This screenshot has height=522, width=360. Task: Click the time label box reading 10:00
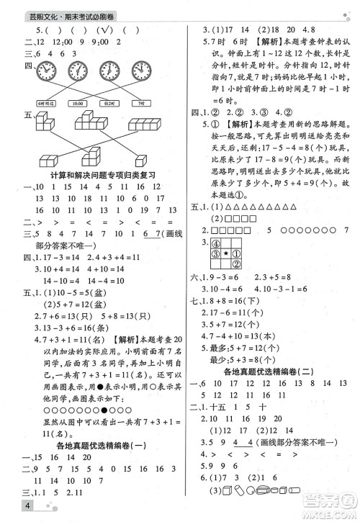click(78, 103)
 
